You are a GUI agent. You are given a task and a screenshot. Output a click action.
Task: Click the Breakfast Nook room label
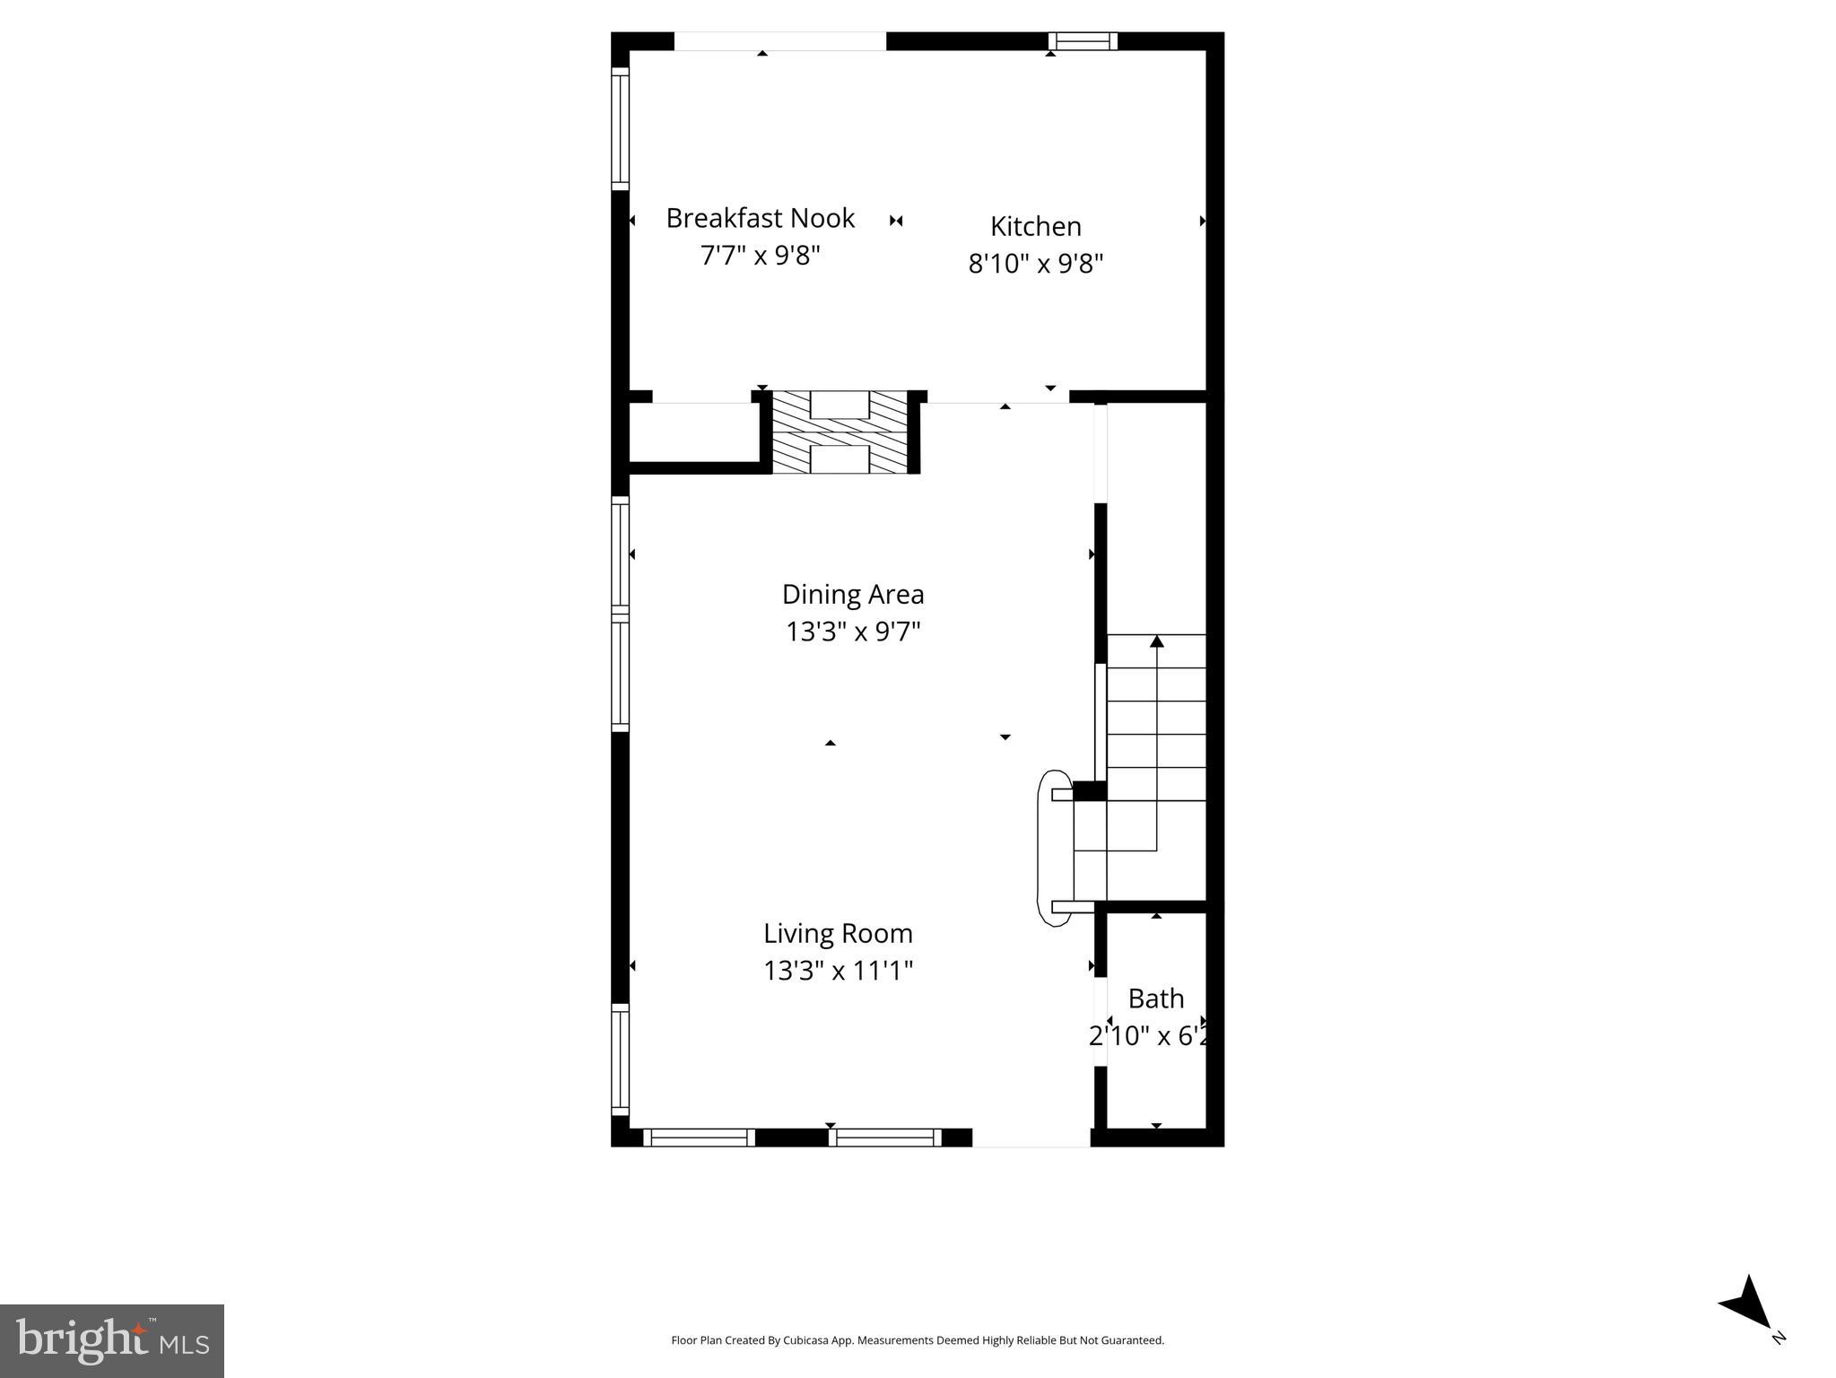[x=760, y=218]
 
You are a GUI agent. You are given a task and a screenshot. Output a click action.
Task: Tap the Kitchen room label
[x=1035, y=226]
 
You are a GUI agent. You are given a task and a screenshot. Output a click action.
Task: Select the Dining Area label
[x=852, y=594]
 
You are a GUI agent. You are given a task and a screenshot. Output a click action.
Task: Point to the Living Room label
[x=838, y=933]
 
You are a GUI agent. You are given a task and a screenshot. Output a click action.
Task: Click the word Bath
[x=1155, y=999]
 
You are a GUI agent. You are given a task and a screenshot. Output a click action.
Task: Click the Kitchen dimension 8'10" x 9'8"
[x=1035, y=264]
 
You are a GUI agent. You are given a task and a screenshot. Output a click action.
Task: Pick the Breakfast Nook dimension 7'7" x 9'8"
[x=760, y=256]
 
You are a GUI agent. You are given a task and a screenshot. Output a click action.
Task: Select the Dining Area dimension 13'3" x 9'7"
[x=853, y=632]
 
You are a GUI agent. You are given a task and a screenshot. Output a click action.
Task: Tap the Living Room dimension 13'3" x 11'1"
[x=838, y=971]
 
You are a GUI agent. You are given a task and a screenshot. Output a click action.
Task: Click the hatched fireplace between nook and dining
[x=840, y=432]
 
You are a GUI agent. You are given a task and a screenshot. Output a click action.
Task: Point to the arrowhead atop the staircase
[x=1156, y=641]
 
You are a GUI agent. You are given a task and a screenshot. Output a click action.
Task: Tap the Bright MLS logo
[x=112, y=1340]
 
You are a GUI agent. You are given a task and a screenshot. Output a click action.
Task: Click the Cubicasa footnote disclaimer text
[x=917, y=1340]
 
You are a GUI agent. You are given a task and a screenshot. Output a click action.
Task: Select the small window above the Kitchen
[x=1083, y=41]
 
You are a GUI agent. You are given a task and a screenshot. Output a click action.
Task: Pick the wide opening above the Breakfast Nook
[x=779, y=41]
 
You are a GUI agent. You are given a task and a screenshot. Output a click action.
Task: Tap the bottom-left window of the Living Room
[x=699, y=1138]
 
